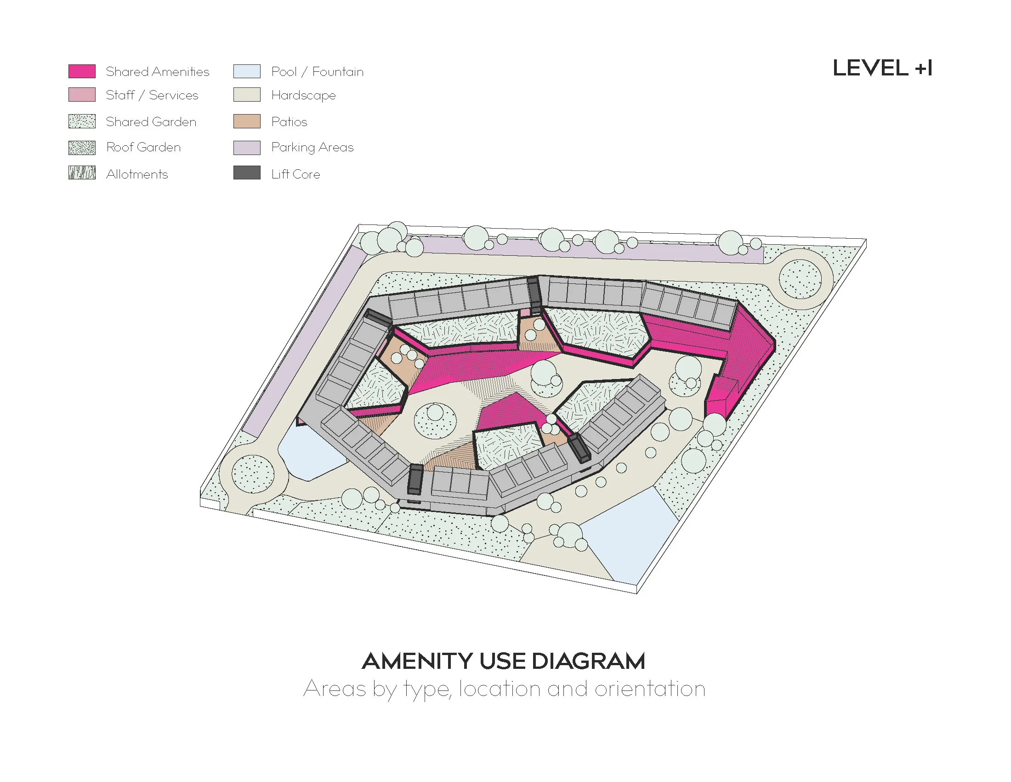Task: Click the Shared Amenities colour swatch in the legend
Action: tap(82, 71)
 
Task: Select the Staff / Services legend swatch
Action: tap(82, 94)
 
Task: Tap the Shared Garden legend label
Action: tap(151, 122)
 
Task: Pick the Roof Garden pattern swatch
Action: tap(82, 148)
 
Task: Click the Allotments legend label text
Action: tap(136, 174)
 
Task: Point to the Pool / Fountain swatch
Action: tap(247, 71)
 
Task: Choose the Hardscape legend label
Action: tap(303, 95)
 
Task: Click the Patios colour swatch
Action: tap(247, 121)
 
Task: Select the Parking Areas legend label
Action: tap(312, 147)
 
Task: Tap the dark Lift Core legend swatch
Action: tap(247, 173)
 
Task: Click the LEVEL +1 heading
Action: tap(882, 69)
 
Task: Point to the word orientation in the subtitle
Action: tap(650, 689)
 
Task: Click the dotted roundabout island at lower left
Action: tap(253, 474)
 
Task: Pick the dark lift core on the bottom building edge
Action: tap(415, 479)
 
